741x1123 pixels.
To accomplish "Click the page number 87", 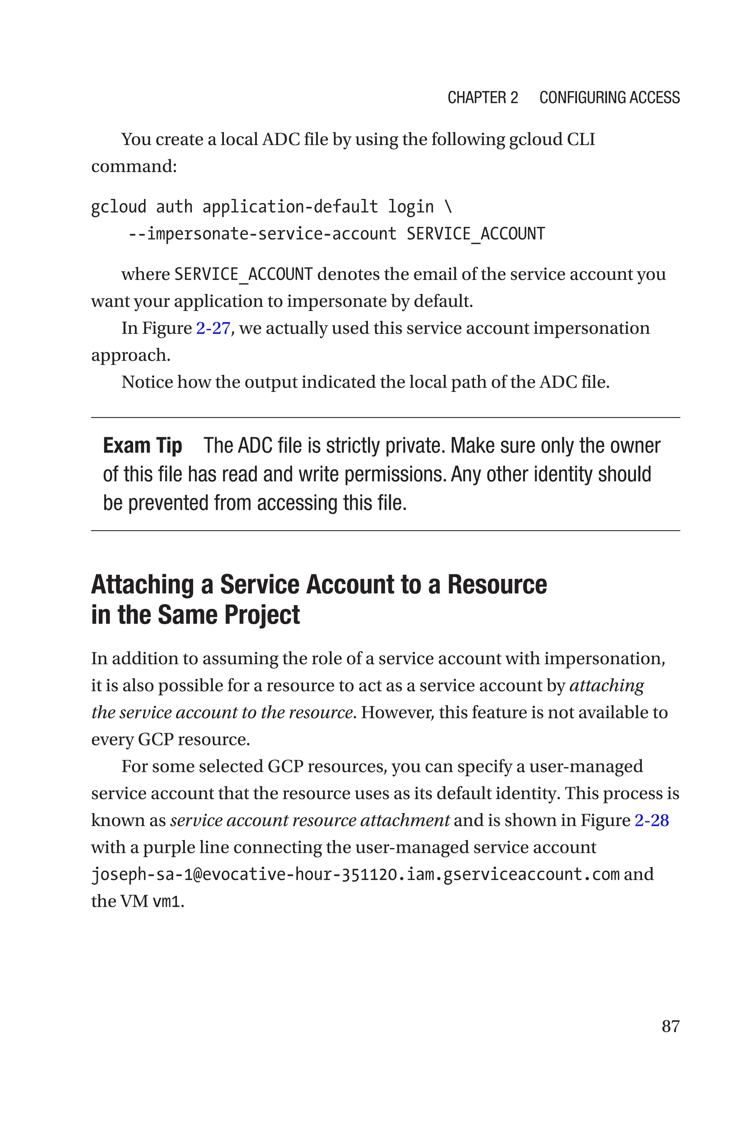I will point(670,1026).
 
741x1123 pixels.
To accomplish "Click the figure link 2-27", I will point(213,328).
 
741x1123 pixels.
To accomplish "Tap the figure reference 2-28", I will point(651,820).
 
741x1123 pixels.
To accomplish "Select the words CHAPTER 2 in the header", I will point(483,98).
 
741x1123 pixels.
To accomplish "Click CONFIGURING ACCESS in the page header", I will point(609,98).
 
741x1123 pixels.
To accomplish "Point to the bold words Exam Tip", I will point(142,446).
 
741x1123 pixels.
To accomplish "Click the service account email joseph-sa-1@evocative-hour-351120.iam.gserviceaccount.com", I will point(355,875).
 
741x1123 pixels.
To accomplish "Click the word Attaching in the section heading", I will point(142,584).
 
